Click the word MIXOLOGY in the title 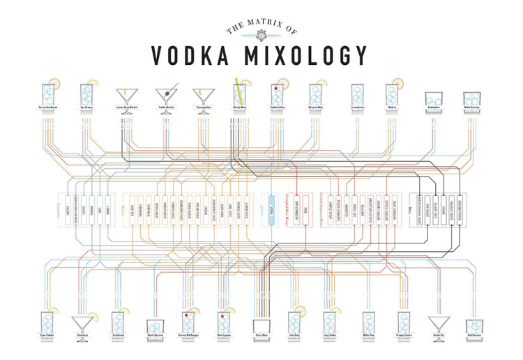coord(309,54)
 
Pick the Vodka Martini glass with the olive coord(166,94)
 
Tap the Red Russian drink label coord(473,336)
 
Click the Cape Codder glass coord(47,322)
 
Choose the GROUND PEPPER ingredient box coord(460,209)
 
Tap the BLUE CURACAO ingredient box coord(394,209)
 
